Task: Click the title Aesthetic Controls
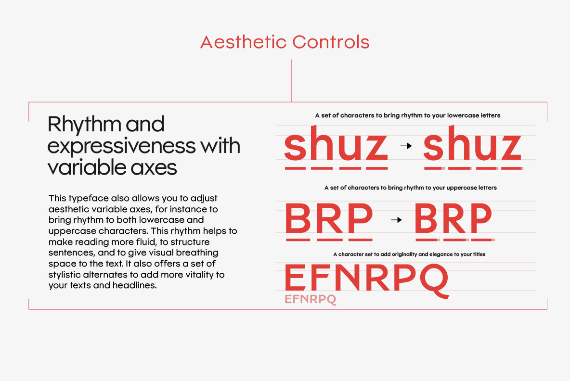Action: point(285,42)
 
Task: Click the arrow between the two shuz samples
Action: point(406,146)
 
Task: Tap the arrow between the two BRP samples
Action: point(396,220)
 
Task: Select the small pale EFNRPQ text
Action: point(311,299)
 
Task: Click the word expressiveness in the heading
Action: point(121,146)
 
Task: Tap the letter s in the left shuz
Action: point(295,146)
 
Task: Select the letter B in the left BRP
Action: point(298,218)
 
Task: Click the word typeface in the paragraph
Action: point(89,199)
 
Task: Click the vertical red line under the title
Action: point(291,81)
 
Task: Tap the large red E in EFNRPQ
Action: point(295,278)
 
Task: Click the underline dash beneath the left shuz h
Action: point(322,168)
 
